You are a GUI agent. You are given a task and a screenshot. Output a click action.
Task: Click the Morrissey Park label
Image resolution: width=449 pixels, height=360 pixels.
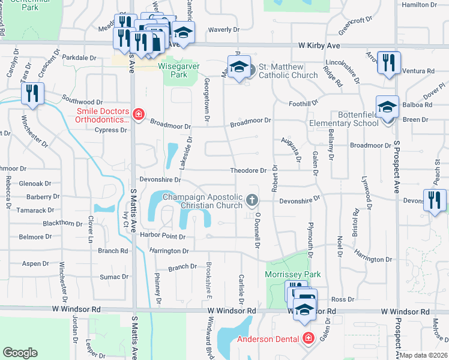293,274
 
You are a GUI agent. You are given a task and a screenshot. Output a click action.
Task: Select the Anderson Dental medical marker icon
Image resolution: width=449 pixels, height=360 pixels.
309,339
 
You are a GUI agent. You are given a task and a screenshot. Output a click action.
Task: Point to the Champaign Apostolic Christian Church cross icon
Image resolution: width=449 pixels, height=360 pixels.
252,199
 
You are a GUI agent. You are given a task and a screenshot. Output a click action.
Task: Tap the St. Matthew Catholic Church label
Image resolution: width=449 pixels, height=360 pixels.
288,71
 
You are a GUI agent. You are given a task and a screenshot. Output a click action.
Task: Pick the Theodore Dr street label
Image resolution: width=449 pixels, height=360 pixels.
248,170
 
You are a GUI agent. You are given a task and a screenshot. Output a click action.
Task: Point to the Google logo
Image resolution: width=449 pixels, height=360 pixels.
20,353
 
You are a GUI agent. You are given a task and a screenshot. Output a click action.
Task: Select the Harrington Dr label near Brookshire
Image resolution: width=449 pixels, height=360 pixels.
169,251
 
